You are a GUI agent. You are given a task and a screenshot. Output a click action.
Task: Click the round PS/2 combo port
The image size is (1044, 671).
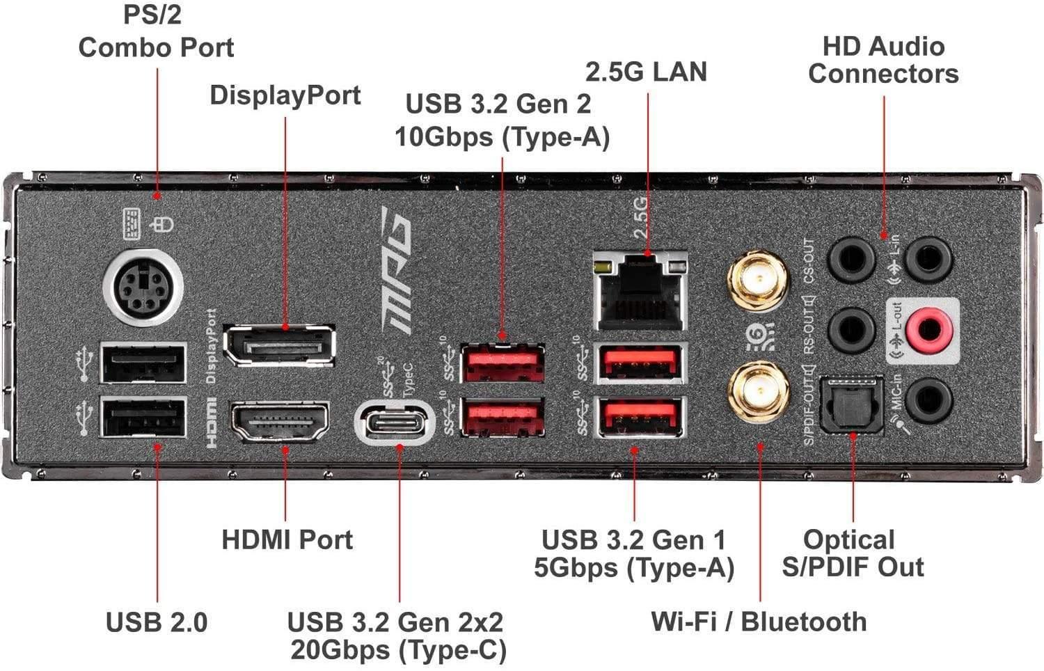(143, 287)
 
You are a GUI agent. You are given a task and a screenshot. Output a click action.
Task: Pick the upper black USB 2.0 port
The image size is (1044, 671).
(143, 363)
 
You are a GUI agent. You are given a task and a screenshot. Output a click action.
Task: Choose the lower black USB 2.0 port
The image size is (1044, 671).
(143, 417)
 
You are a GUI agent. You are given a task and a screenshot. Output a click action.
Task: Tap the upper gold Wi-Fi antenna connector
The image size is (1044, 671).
(758, 281)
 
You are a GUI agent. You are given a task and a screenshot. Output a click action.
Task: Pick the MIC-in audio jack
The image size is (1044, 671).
(929, 400)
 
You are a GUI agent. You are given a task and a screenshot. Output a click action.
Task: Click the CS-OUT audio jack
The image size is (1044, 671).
(851, 260)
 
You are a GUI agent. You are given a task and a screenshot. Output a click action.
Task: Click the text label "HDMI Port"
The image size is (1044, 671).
(287, 539)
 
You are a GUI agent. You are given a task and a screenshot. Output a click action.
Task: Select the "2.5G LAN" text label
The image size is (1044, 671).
(645, 72)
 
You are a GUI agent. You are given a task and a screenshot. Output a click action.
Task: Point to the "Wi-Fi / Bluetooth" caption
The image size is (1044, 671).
(759, 622)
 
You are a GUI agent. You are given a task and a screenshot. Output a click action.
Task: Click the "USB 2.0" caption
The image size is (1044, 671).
(157, 622)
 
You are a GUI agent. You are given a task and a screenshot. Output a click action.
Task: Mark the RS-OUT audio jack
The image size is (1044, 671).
(851, 329)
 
